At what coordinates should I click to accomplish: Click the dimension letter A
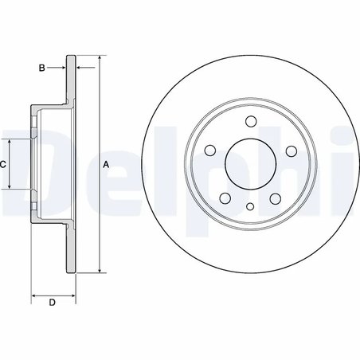tap(106, 165)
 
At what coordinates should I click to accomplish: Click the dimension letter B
tap(42, 68)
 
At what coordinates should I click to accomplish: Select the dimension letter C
tap(4, 165)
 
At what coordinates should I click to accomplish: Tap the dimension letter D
tap(53, 302)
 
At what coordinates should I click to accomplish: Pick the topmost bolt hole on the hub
tap(250, 122)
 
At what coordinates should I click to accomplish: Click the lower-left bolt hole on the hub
tap(225, 198)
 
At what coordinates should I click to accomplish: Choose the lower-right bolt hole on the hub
tap(276, 198)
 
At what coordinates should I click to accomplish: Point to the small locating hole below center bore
tap(250, 206)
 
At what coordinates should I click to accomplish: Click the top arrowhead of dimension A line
tap(99, 59)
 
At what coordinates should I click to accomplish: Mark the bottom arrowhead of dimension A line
tap(99, 271)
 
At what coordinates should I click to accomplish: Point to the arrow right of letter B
tap(64, 68)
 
